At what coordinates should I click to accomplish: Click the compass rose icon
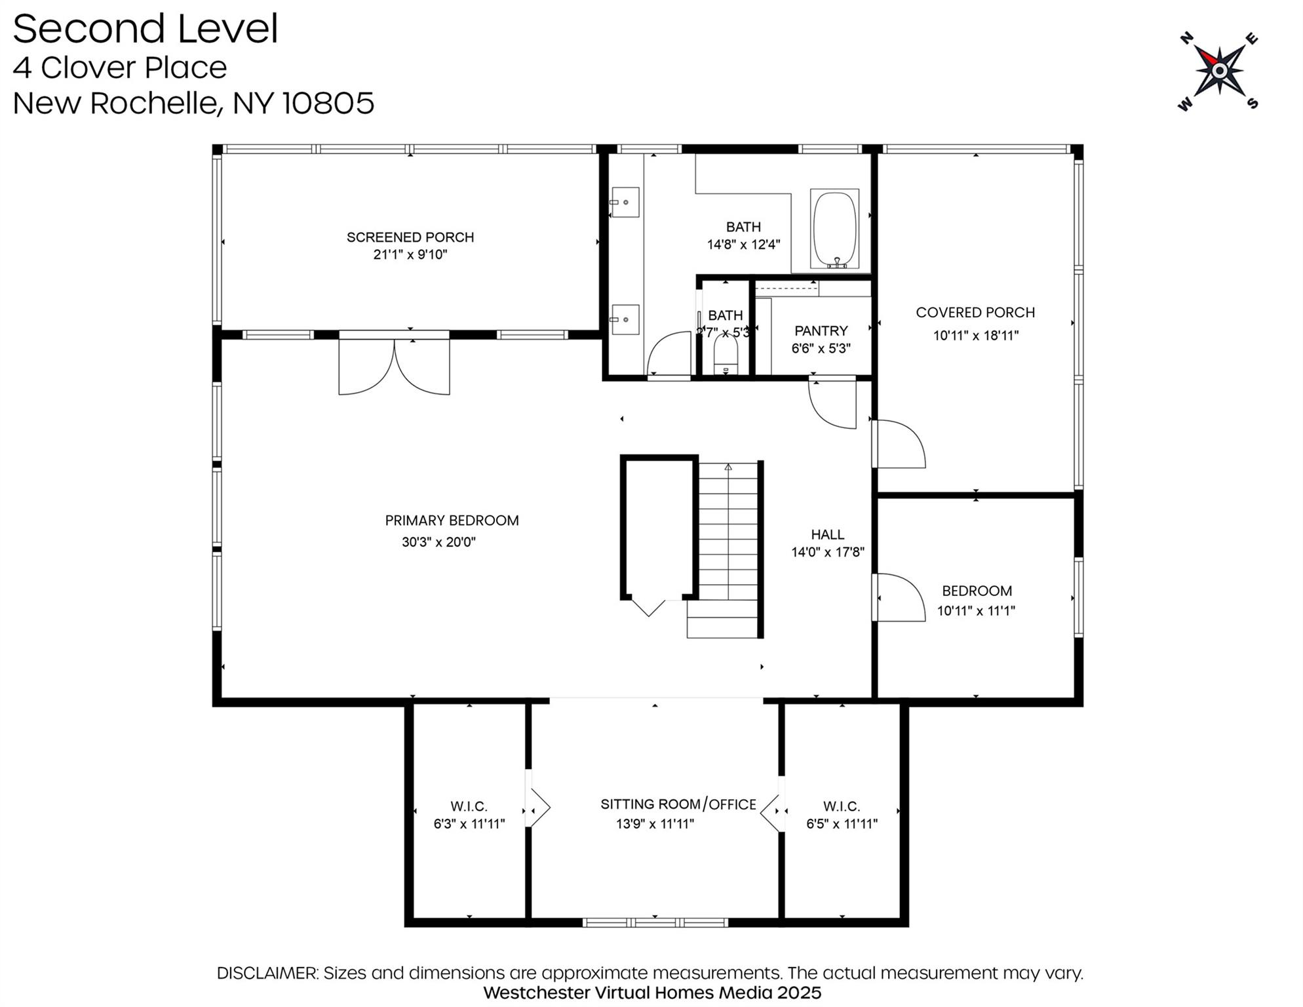[x=1218, y=70]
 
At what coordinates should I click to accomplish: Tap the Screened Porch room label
[x=410, y=237]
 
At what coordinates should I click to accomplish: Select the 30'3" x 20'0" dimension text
[x=438, y=542]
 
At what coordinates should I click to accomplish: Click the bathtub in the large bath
[x=834, y=229]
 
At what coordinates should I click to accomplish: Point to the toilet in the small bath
[x=725, y=357]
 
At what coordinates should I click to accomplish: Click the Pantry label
[x=821, y=331]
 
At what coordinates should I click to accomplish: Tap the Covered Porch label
[x=975, y=313]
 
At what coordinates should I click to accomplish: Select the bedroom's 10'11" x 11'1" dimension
[x=975, y=611]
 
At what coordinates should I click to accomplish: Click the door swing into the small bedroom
[x=899, y=597]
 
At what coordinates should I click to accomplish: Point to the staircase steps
[x=728, y=538]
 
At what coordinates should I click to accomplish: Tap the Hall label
[x=827, y=534]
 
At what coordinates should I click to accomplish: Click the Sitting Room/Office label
[x=678, y=804]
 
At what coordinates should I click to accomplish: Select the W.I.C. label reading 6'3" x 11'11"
[x=469, y=815]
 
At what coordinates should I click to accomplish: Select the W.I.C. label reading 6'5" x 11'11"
[x=842, y=815]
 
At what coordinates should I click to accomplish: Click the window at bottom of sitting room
[x=655, y=922]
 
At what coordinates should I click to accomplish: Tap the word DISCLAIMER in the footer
[x=267, y=973]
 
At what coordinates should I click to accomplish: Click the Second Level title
[x=146, y=30]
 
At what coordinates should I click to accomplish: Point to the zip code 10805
[x=328, y=103]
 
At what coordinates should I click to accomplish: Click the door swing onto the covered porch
[x=899, y=444]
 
